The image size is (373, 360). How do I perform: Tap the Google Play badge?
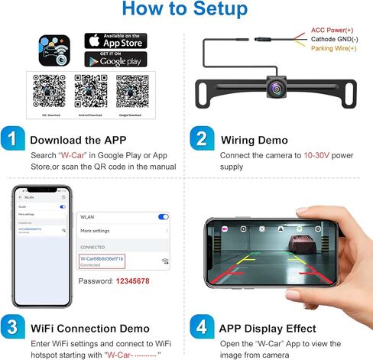tap(115, 60)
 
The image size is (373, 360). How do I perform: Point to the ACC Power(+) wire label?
tap(332, 30)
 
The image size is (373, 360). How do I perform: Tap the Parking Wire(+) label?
tap(332, 48)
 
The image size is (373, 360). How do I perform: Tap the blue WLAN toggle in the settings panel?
tap(163, 217)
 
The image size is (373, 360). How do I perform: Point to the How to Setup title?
tap(186, 9)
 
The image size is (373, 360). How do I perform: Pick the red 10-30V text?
tap(316, 156)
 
